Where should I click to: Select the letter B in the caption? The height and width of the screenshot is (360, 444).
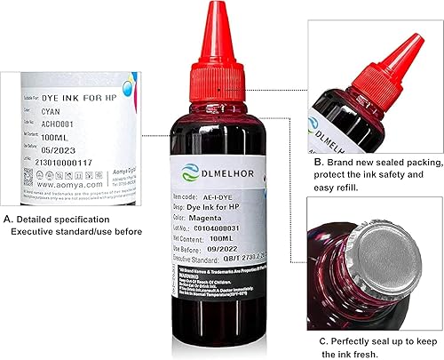[x=317, y=164]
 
